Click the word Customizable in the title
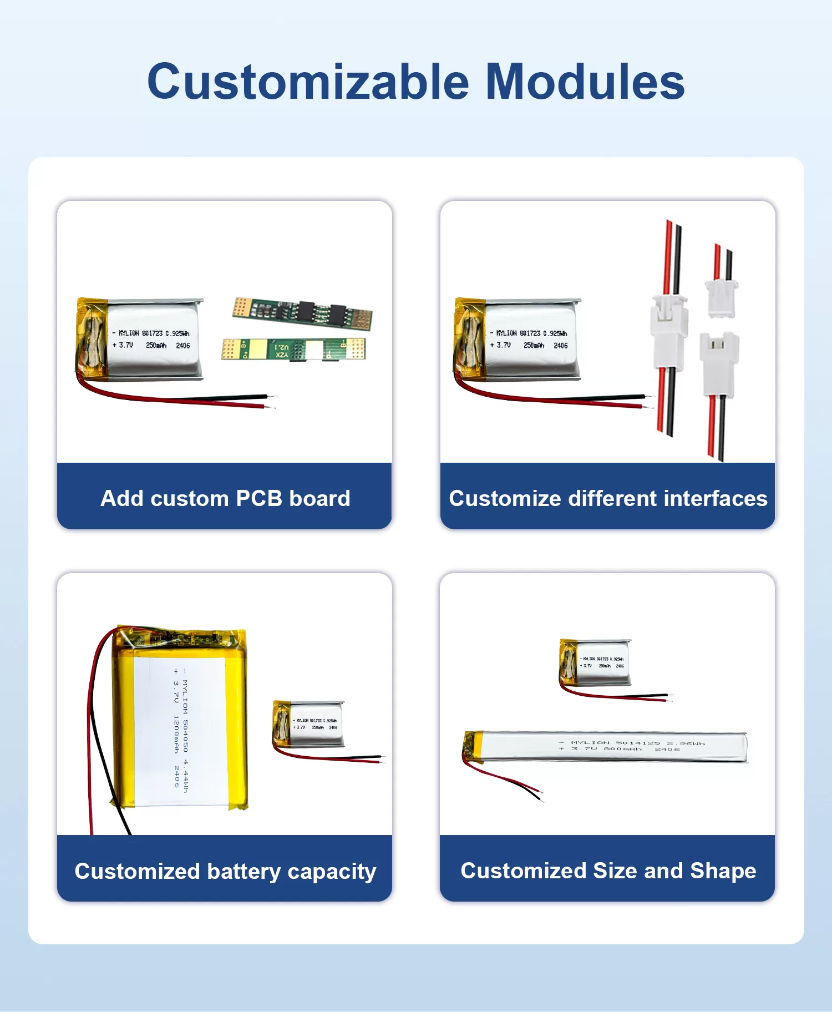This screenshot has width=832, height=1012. [308, 82]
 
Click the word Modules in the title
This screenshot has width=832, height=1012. [585, 82]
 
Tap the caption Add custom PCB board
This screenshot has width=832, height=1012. [225, 498]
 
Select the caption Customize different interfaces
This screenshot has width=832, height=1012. [608, 498]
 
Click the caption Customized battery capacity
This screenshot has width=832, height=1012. [225, 871]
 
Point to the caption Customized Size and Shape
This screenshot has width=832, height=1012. [608, 871]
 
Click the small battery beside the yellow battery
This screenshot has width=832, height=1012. [310, 723]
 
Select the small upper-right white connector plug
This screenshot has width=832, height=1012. [720, 298]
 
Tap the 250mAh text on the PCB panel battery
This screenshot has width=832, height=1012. [156, 346]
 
